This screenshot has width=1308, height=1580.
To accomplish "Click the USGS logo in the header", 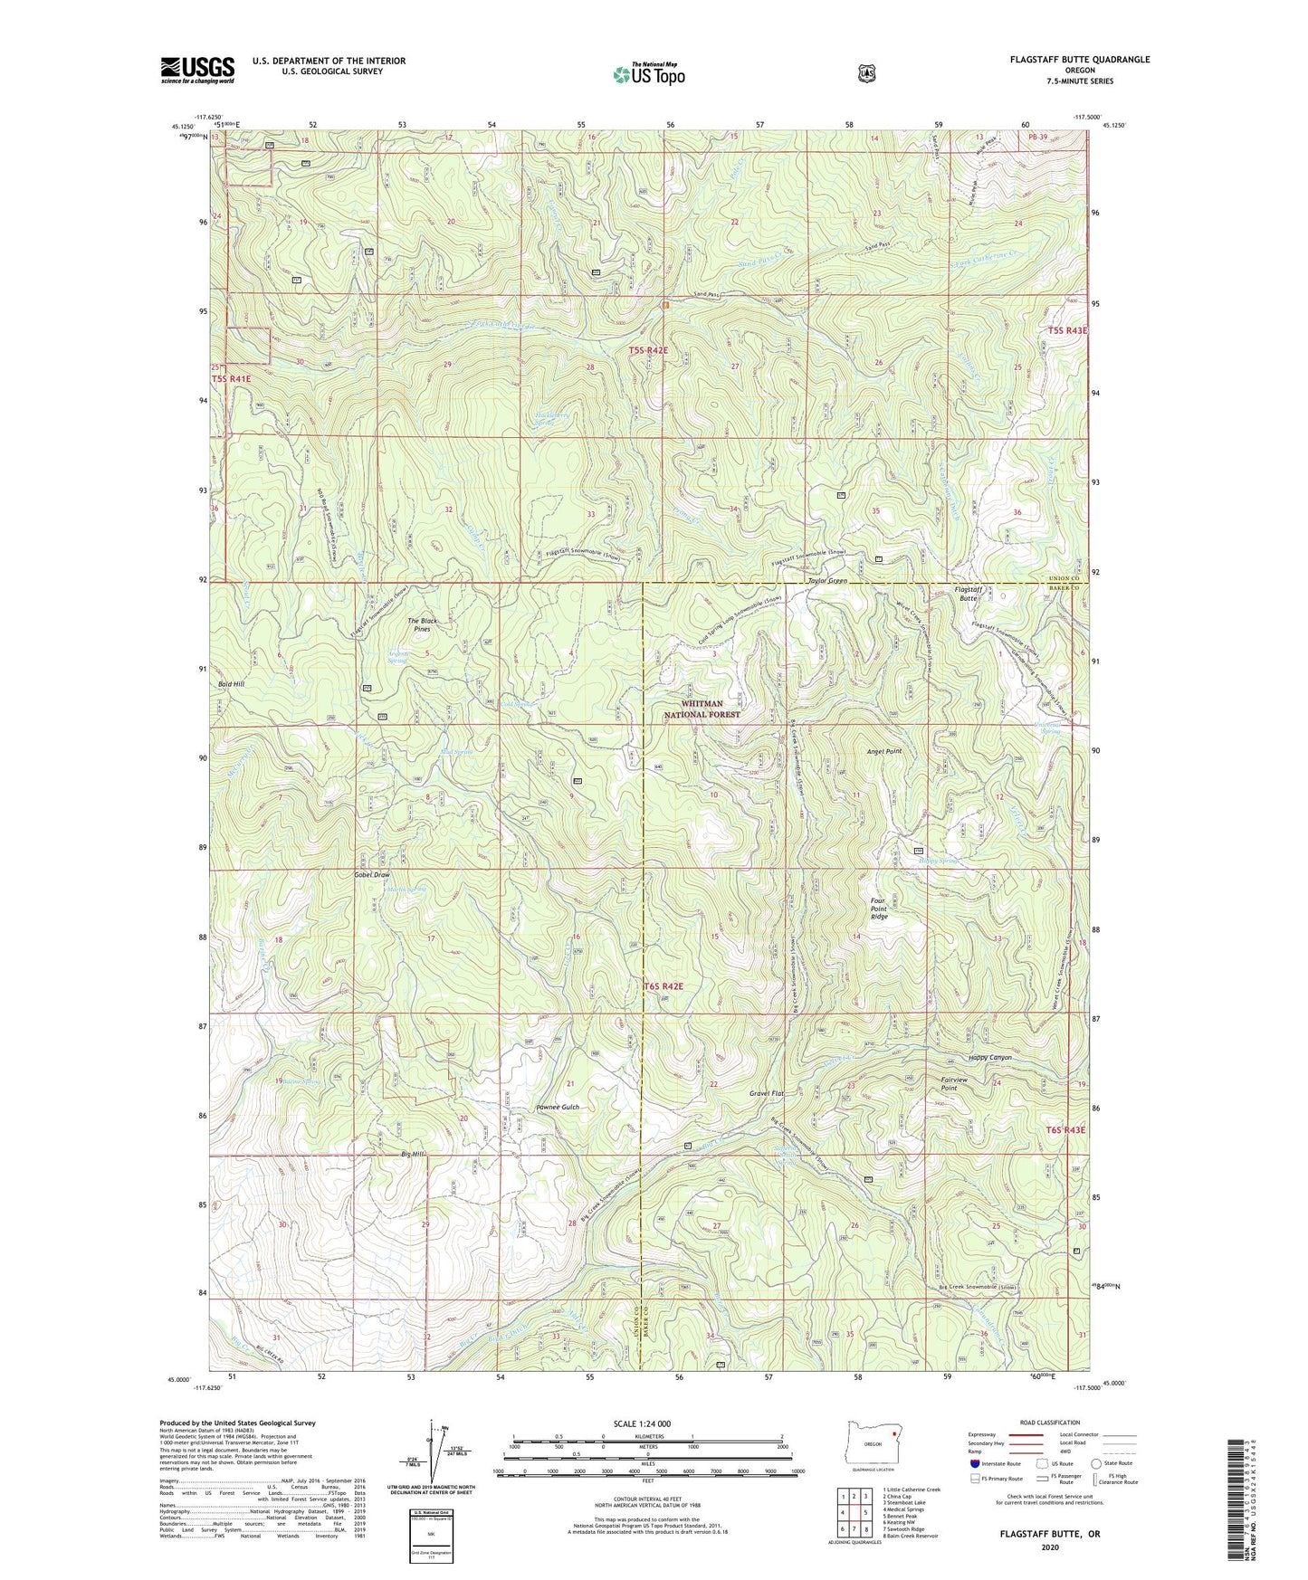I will [x=197, y=70].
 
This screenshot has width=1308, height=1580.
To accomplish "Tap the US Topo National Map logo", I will [x=647, y=74].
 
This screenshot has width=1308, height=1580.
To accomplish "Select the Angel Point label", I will [x=883, y=752].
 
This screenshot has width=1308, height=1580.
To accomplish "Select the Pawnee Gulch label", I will [x=557, y=1108].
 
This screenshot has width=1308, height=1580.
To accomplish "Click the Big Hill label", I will [x=412, y=1155].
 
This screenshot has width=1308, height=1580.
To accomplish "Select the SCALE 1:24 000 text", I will [x=642, y=1423].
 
